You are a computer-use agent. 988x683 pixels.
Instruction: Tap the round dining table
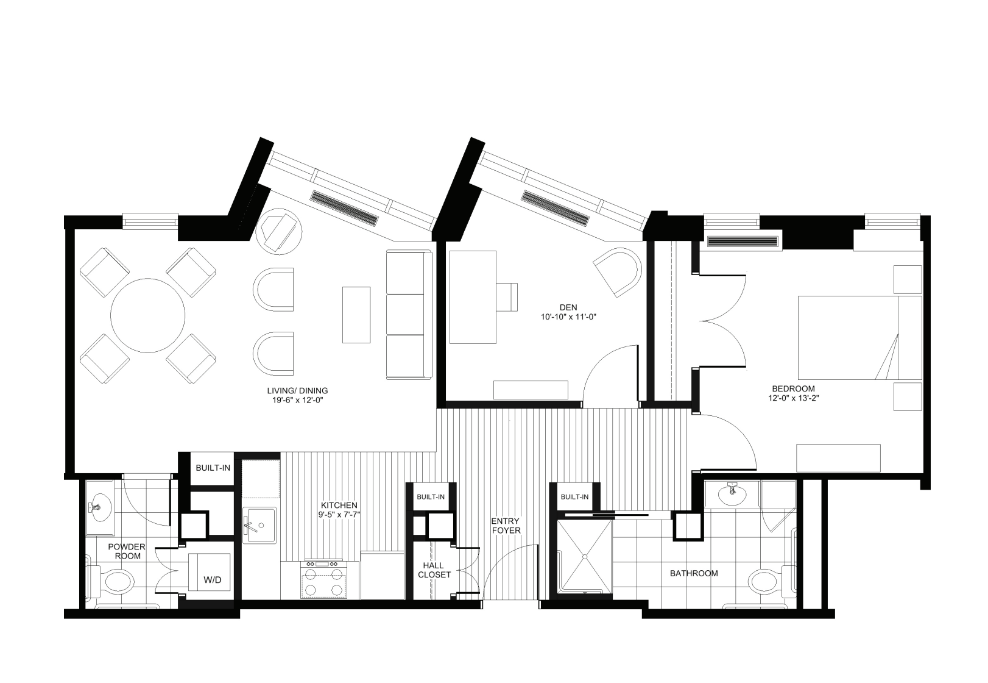point(147,315)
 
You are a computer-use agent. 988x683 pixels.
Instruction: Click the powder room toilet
point(113,581)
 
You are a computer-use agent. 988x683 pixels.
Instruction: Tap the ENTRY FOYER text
point(506,526)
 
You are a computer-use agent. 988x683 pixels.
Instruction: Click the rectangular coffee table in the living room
point(356,315)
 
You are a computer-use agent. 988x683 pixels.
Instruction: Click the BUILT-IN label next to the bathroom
point(574,496)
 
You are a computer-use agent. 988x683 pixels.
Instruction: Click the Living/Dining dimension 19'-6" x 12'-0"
point(297,401)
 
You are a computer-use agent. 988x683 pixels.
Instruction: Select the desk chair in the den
point(507,297)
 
